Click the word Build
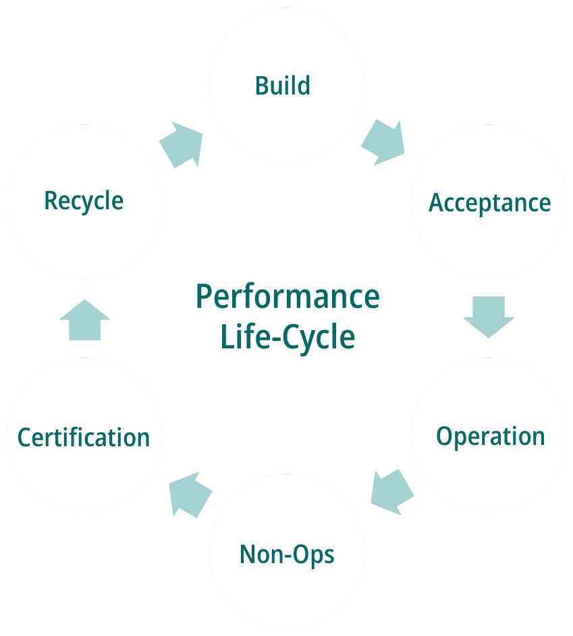(x=283, y=86)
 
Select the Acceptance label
(x=489, y=203)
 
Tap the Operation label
(x=490, y=437)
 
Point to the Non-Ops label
(x=287, y=554)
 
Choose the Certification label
(x=84, y=438)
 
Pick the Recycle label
(x=84, y=201)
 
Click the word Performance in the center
(x=288, y=296)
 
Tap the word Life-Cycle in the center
(x=288, y=338)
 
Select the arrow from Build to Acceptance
(x=383, y=142)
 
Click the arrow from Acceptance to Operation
(x=489, y=317)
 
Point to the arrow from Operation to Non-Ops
(x=392, y=492)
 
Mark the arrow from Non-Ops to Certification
(x=190, y=495)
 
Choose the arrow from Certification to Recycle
(x=85, y=320)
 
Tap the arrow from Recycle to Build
(x=181, y=144)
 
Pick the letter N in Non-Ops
(x=248, y=554)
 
